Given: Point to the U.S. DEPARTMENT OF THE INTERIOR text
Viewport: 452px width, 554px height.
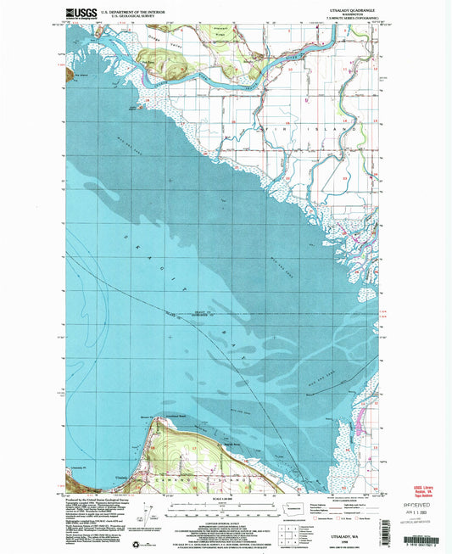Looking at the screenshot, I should click(132, 11).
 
